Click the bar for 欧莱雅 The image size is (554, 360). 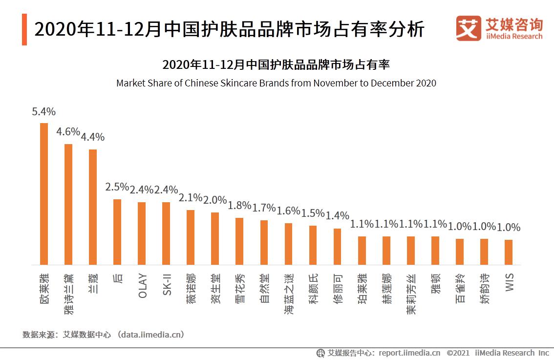44,193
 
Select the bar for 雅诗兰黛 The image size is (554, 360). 68,204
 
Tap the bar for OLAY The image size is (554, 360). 142,233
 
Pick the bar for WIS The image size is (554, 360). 509,252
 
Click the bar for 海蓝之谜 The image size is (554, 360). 288,244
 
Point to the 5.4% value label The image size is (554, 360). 43,112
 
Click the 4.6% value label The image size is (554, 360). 68,131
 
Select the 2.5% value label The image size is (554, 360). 117,187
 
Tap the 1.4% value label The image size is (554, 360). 337,215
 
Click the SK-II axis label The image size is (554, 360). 167,285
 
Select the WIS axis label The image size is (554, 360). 509,283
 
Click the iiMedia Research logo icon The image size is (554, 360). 469,28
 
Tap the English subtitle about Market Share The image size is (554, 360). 276,83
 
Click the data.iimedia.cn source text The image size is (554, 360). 152,335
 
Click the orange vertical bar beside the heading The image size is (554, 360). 24,30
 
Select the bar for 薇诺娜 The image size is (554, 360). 191,237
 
